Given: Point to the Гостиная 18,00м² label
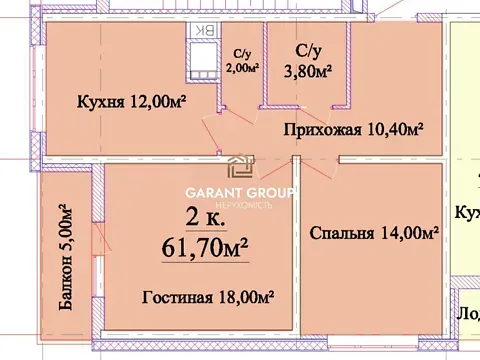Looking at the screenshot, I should click(x=208, y=297).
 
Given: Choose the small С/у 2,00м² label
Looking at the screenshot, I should click(x=243, y=62).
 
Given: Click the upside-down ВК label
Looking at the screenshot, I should click(x=203, y=31).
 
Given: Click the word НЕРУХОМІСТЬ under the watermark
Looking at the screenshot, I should click(x=240, y=204).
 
